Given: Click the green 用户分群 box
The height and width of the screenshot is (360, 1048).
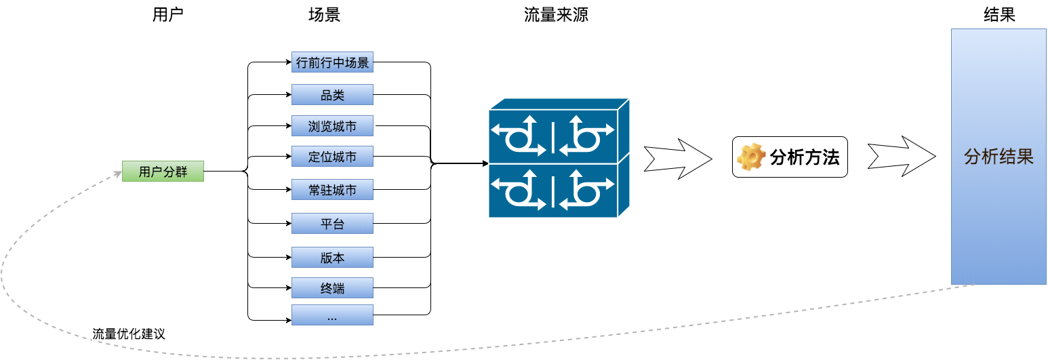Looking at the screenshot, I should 163,171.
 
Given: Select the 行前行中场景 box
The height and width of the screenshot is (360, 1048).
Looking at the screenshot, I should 332,62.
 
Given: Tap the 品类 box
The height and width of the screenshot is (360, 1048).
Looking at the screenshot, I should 332,95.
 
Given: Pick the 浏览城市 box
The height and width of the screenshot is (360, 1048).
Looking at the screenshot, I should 332,126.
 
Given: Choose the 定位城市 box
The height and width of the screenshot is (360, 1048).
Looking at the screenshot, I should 332,157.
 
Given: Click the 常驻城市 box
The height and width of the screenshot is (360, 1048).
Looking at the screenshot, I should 332,190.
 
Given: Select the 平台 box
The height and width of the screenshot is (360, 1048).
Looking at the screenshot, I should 332,223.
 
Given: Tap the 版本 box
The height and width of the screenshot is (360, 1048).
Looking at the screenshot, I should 332,258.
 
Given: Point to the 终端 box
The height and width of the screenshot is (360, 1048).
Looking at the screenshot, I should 332,288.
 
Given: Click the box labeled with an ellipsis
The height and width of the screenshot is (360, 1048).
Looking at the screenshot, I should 332,315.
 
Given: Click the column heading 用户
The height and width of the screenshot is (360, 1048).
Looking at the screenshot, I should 167,15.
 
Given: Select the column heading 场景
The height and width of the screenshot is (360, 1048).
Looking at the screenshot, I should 324,15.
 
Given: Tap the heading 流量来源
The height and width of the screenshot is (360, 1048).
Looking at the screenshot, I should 556,15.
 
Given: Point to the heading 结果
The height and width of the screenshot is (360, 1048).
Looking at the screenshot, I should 999,15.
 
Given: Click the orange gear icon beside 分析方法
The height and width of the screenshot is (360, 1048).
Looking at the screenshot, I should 751,157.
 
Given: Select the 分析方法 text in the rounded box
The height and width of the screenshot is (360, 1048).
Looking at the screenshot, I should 805,157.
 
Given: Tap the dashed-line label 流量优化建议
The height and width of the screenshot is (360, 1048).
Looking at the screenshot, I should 129,334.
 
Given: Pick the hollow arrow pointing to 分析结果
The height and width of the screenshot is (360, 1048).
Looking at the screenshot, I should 902,157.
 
